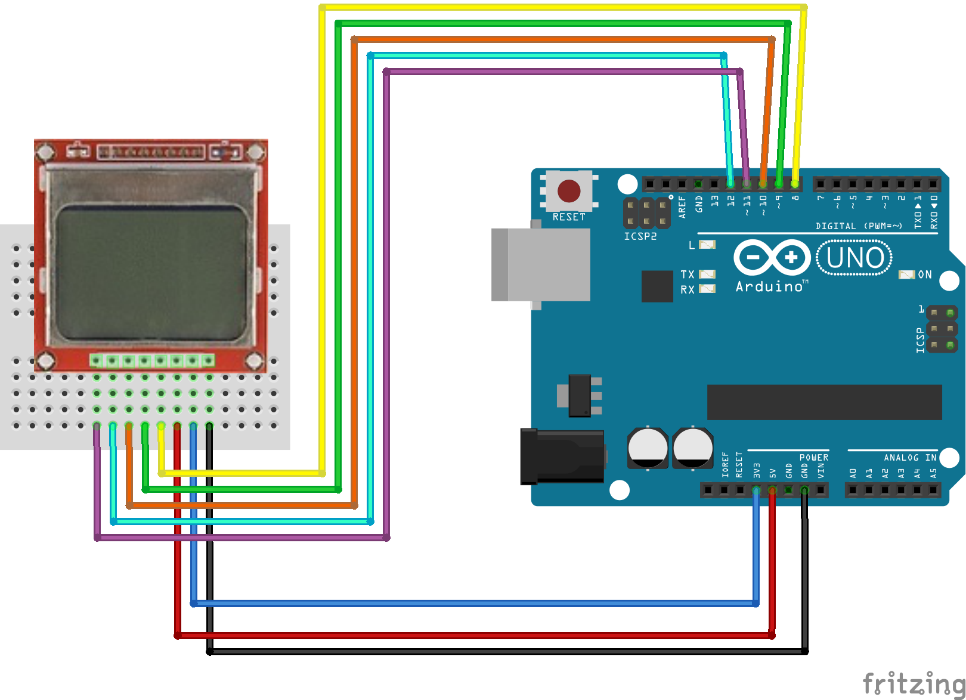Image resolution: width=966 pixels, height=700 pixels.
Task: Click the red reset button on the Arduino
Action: [x=569, y=191]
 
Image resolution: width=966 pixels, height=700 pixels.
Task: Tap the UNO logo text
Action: [x=854, y=258]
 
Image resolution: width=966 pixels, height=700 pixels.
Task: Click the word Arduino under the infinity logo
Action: [x=770, y=287]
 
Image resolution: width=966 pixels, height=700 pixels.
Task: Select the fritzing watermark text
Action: [x=913, y=683]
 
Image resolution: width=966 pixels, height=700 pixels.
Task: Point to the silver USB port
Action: [x=540, y=264]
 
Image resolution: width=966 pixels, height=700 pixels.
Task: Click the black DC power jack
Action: [x=562, y=457]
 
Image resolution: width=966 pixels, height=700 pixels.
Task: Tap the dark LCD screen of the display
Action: [x=151, y=273]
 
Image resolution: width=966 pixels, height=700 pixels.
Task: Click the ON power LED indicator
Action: [x=906, y=275]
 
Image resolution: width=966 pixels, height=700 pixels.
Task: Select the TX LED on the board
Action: [x=707, y=275]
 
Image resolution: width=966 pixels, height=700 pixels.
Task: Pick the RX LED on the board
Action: [x=707, y=289]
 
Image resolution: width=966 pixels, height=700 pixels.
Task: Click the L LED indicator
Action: [x=707, y=244]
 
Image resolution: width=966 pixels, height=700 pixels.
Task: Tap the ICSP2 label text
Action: [x=640, y=236]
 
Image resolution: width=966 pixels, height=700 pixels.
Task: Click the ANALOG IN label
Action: [x=910, y=458]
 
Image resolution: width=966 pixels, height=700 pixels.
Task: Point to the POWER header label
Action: [x=814, y=458]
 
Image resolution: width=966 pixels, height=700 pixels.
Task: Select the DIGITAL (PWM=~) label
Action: [x=859, y=226]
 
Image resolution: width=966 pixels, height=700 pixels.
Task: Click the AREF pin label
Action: [x=682, y=207]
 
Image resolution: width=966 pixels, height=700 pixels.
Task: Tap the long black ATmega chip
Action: [x=824, y=402]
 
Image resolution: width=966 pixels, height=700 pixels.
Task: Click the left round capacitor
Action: [x=648, y=448]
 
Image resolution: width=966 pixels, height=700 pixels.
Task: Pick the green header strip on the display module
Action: [x=152, y=360]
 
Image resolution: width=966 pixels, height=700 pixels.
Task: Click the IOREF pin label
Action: [x=725, y=464]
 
